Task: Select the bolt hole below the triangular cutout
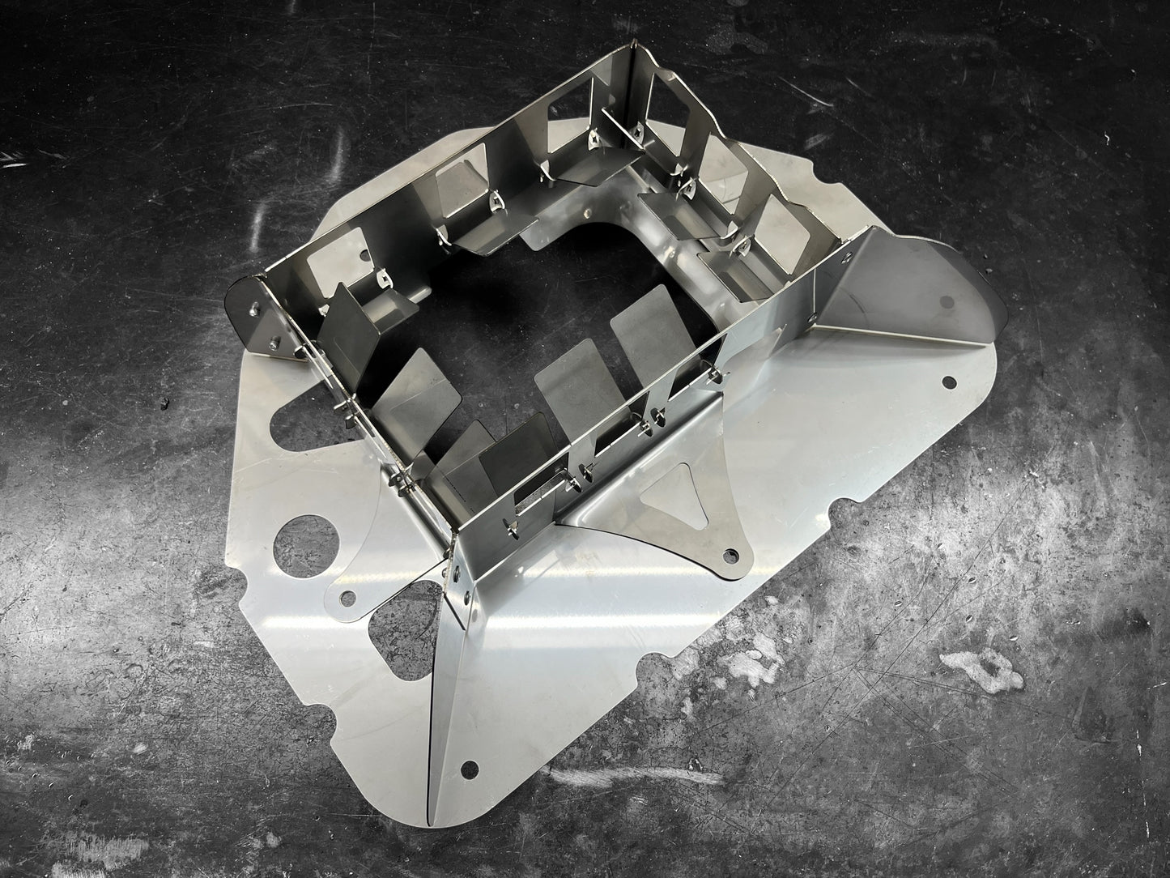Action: click(x=732, y=556)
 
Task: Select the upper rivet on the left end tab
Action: click(x=256, y=309)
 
